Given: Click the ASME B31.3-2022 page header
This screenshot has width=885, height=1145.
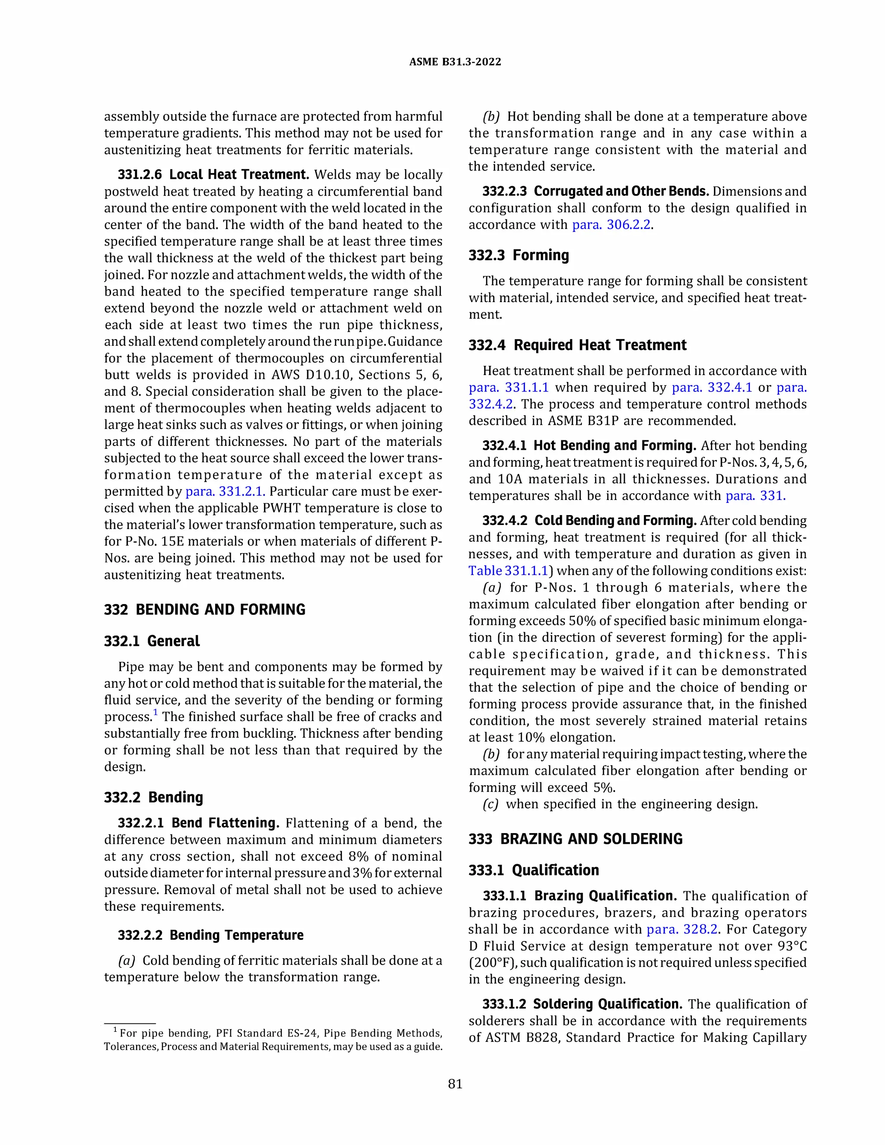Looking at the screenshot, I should click(455, 62).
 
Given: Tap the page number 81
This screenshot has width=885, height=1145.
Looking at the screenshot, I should click(455, 1084).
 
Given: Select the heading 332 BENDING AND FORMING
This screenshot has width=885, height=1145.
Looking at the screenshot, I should click(204, 609).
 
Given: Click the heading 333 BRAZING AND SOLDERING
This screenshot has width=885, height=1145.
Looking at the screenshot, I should click(575, 839).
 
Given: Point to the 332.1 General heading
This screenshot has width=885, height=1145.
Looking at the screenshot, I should click(152, 641).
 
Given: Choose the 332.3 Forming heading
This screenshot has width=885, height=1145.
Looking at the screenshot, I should click(519, 255).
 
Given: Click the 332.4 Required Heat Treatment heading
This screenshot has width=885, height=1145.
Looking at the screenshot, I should click(577, 345).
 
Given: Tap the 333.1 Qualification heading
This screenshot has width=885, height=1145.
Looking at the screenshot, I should click(534, 870).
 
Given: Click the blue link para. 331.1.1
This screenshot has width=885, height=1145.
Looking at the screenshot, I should click(509, 388).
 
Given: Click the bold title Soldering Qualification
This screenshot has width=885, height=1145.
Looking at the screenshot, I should click(607, 1004).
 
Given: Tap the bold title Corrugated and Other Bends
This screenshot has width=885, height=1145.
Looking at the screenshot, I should click(621, 191).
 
